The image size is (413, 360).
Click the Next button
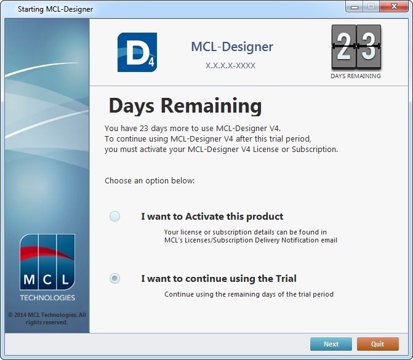pyautogui.click(x=331, y=344)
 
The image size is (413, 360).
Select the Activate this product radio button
pyautogui.click(x=114, y=216)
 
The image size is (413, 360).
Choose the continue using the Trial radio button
pyautogui.click(x=114, y=278)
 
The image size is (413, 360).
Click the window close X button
pyautogui.click(x=394, y=6)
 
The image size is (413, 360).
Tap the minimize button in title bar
pyautogui.click(x=355, y=6)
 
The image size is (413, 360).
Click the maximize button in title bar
pyautogui.click(x=371, y=6)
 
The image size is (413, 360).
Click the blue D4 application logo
pyautogui.click(x=137, y=52)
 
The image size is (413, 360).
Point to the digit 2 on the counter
pyautogui.click(x=343, y=47)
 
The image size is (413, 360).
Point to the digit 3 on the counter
pyautogui.click(x=369, y=47)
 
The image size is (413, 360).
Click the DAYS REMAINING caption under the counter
pyautogui.click(x=356, y=76)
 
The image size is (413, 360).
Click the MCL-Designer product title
pyautogui.click(x=232, y=47)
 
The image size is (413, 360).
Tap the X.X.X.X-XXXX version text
pyautogui.click(x=230, y=66)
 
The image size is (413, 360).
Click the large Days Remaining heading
pyautogui.click(x=185, y=106)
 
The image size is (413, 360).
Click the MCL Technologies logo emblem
pyautogui.click(x=47, y=262)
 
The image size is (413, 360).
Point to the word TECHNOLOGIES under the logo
pyautogui.click(x=47, y=298)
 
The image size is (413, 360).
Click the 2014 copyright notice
pyautogui.click(x=47, y=318)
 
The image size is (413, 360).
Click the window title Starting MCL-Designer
pyautogui.click(x=55, y=9)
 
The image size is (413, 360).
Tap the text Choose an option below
pyautogui.click(x=150, y=181)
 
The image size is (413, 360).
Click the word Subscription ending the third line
pyautogui.click(x=315, y=150)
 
